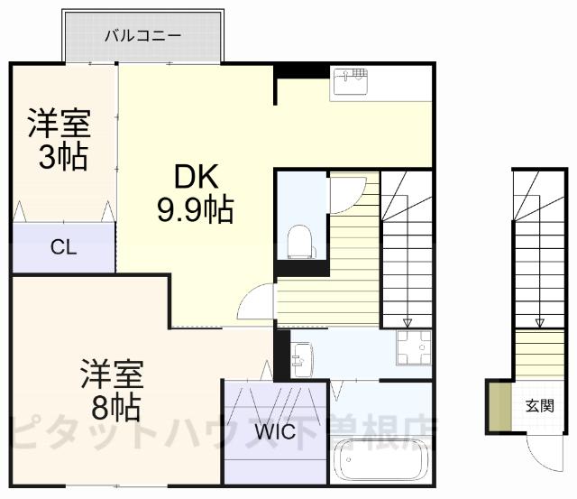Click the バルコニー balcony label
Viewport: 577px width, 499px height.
[x=143, y=36]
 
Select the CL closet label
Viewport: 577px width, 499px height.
[x=62, y=246]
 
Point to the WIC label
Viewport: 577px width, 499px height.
[x=274, y=432]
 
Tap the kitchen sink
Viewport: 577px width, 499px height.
[x=351, y=81]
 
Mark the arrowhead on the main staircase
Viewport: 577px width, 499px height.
[x=407, y=322]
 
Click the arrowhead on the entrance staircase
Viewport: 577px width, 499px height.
[x=540, y=322]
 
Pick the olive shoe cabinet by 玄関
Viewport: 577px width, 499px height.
[x=494, y=407]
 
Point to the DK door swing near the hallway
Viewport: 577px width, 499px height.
[x=255, y=304]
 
